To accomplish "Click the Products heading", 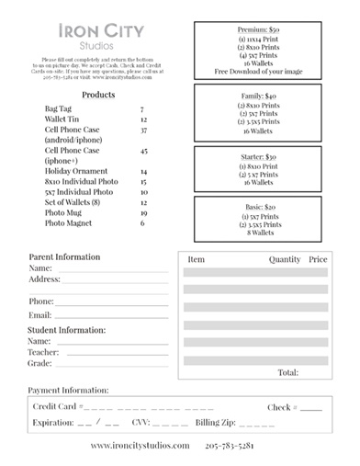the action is [x=98, y=95].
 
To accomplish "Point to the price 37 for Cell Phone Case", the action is [x=143, y=131].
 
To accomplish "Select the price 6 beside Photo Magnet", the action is [x=142, y=222].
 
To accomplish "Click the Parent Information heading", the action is [x=64, y=256].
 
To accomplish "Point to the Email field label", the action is [x=40, y=315].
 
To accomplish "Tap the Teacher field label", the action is [x=44, y=352].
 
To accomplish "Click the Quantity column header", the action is [x=285, y=259].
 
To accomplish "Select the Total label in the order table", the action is [x=287, y=372].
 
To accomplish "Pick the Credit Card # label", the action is [x=58, y=406].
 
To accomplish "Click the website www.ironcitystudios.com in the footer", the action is [x=140, y=446].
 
